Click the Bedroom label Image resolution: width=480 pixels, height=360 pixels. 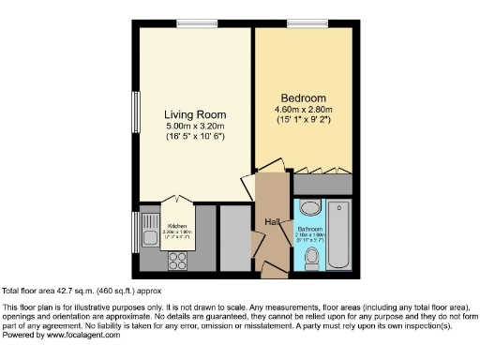[x=303, y=97]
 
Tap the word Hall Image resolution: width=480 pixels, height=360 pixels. [x=270, y=221]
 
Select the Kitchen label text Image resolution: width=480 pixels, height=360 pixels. [x=177, y=226]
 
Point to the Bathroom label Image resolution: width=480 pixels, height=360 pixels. [x=309, y=229]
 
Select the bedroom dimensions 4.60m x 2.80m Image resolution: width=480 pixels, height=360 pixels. [x=303, y=109]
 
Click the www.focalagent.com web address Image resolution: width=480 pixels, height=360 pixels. [x=80, y=335]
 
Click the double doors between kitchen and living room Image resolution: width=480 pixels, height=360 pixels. [x=177, y=201]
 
